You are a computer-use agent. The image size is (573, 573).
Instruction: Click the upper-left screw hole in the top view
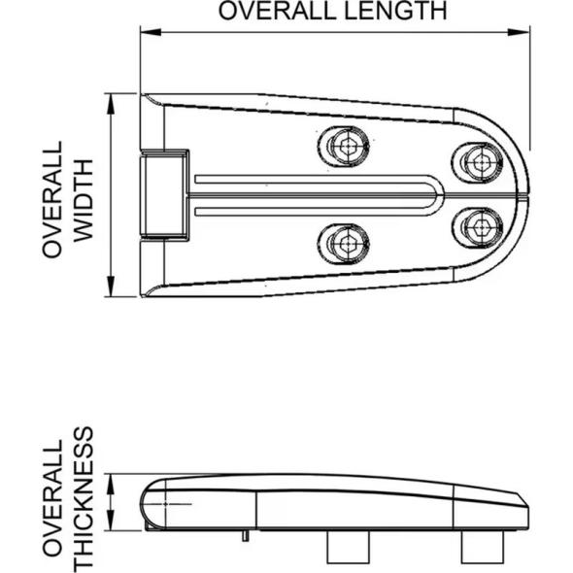pyautogui.click(x=345, y=147)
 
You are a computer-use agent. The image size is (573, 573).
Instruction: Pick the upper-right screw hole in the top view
pyautogui.click(x=477, y=161)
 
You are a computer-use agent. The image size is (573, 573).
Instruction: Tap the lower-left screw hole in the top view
pyautogui.click(x=345, y=241)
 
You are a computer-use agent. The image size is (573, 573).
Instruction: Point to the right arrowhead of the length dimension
pyautogui.click(x=522, y=32)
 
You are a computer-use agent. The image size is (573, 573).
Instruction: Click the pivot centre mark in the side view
pyautogui.click(x=166, y=505)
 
